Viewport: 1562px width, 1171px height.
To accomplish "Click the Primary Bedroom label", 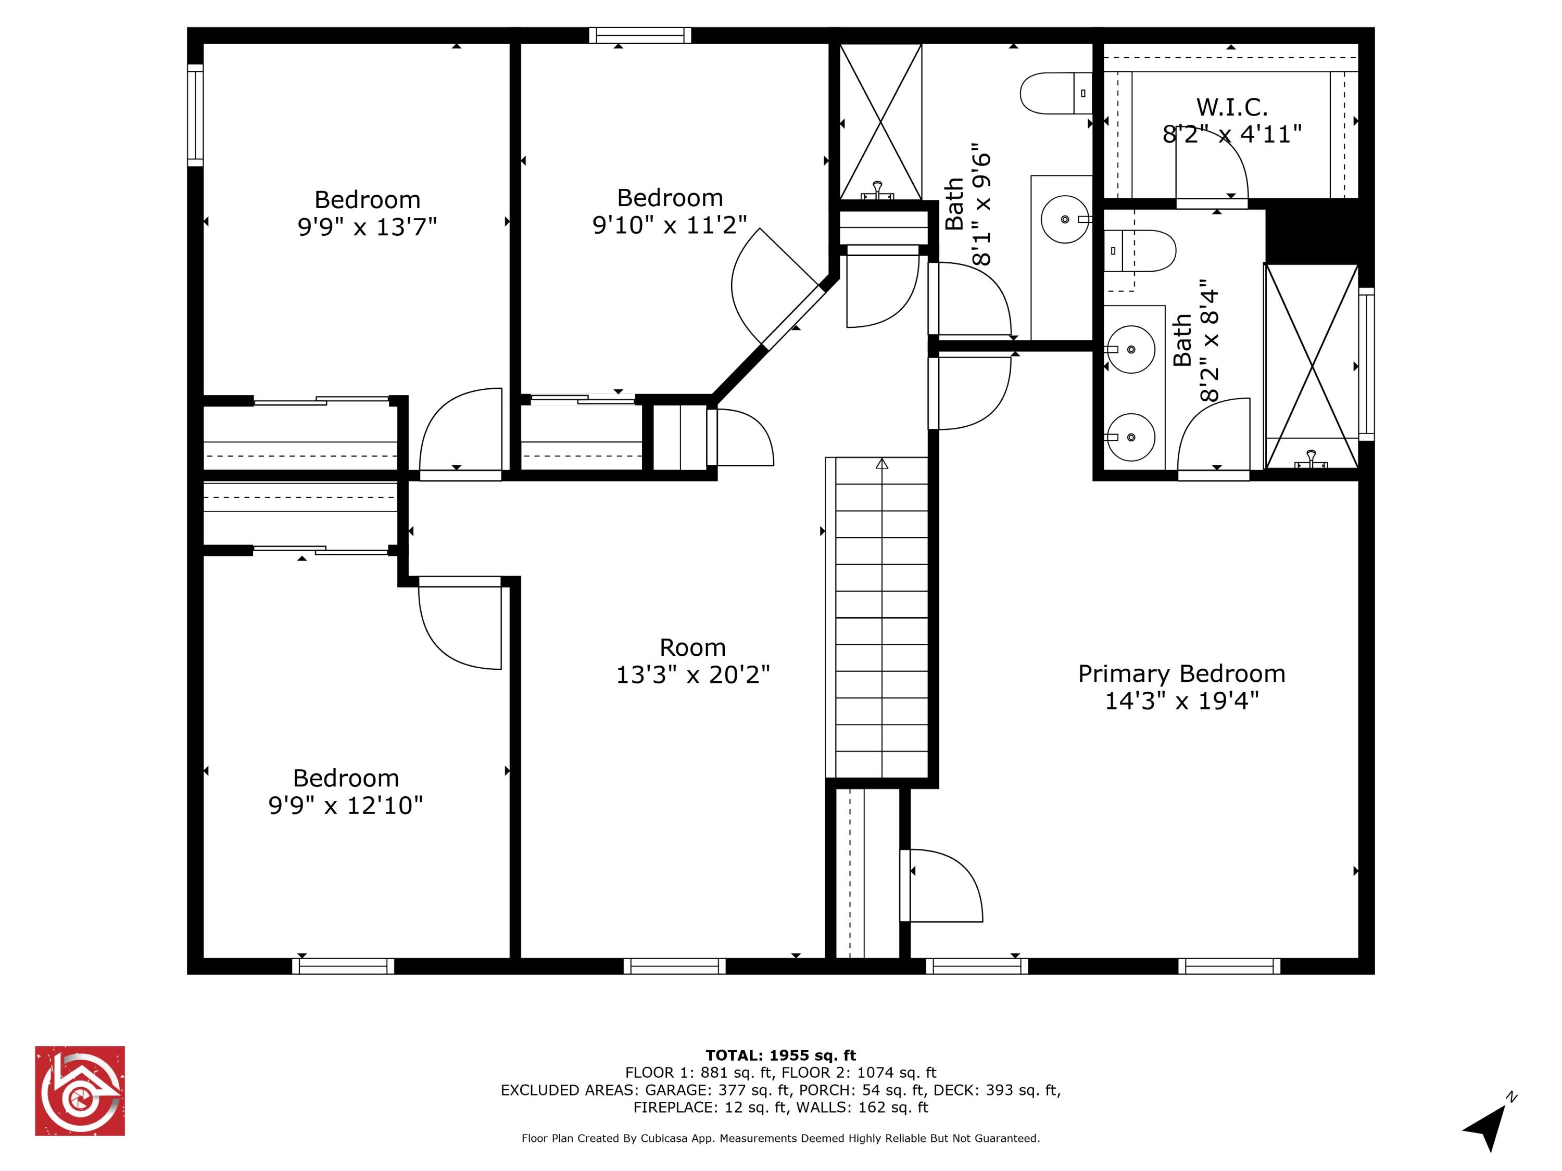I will (1181, 673).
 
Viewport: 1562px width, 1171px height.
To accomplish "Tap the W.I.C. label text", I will (1231, 107).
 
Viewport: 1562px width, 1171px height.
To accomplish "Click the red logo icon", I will (80, 1090).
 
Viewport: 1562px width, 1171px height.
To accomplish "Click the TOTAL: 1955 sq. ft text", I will (780, 1055).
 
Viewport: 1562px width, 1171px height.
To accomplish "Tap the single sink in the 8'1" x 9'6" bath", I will (1064, 220).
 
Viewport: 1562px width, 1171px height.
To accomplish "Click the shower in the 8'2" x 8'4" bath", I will (1312, 366).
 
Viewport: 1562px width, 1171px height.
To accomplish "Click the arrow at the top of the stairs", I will (881, 464).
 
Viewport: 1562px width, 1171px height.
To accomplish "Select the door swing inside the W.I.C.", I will (1212, 166).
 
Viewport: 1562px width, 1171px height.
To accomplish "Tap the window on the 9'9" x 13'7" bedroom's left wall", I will (195, 116).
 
